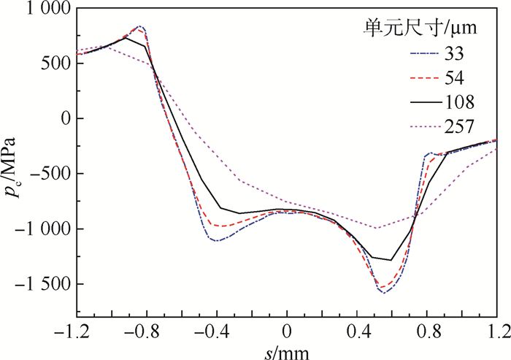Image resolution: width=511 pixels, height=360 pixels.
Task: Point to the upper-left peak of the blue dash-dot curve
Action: click(139, 26)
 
